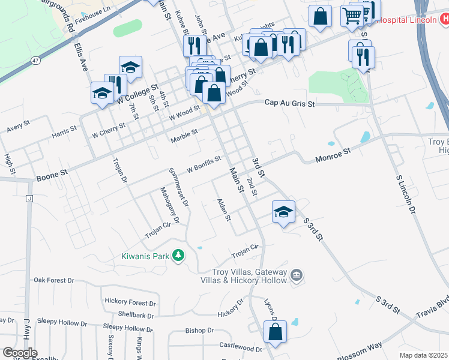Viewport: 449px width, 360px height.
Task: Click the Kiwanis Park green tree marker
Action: (x=178, y=256)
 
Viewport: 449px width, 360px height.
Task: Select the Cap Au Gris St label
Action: (x=290, y=103)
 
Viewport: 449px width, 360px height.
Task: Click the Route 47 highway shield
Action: (x=36, y=61)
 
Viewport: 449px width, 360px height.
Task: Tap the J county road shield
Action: (x=28, y=199)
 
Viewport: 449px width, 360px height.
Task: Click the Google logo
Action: (x=20, y=353)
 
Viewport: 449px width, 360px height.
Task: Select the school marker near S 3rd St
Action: (x=283, y=212)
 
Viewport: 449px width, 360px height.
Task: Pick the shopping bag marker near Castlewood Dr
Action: (x=275, y=332)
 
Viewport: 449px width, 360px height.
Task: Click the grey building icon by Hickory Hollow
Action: (x=295, y=276)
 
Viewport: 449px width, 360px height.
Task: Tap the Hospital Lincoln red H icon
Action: (x=443, y=19)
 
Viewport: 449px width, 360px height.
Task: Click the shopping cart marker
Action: (x=352, y=16)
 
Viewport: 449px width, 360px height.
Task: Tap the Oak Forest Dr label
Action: (x=53, y=280)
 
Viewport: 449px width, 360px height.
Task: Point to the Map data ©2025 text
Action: (x=423, y=355)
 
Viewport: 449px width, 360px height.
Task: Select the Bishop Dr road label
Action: (x=199, y=331)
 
